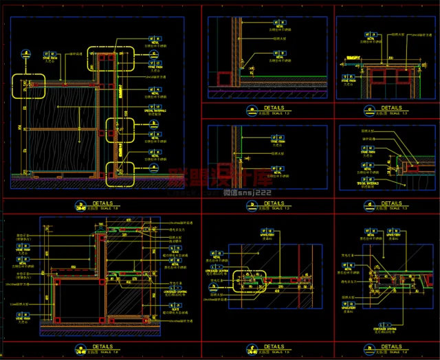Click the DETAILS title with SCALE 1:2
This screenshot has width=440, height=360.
click(x=391, y=348)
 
